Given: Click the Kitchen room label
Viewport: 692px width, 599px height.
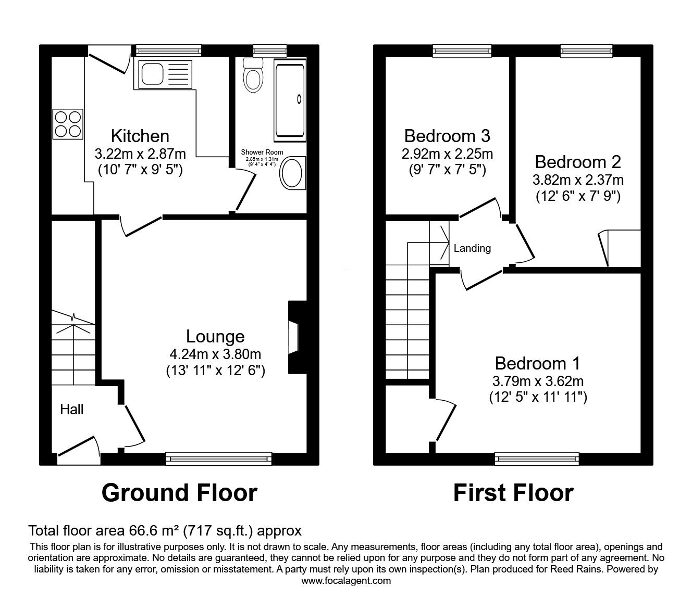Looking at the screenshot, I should click(x=140, y=136).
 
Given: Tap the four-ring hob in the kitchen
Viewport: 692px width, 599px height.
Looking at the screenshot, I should click(x=67, y=124).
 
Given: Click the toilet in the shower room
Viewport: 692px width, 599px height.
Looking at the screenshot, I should click(x=253, y=75).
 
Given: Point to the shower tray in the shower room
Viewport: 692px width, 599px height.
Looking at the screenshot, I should click(x=289, y=100).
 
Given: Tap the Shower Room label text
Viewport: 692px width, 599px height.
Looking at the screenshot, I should click(x=262, y=152).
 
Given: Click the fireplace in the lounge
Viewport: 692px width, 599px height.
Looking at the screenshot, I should click(x=294, y=337).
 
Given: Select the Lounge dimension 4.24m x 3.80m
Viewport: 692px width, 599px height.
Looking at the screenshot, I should click(x=215, y=354).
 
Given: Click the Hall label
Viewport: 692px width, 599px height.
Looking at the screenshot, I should click(x=72, y=410).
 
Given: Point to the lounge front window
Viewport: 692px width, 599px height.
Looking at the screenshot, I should click(x=219, y=458).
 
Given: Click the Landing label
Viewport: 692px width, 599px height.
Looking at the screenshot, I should click(x=472, y=248).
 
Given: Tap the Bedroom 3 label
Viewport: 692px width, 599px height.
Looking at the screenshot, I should click(x=447, y=136).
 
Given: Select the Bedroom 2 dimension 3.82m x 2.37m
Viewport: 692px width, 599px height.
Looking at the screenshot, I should click(x=578, y=180).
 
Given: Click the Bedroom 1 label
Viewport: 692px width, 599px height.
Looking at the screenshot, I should click(x=537, y=363).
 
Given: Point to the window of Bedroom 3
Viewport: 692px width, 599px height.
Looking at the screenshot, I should click(x=462, y=50).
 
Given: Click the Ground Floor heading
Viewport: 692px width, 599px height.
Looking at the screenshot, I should click(x=179, y=492).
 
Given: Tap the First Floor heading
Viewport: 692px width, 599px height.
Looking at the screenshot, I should click(x=513, y=492).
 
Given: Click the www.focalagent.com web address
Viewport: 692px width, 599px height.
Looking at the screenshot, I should click(x=346, y=581).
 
